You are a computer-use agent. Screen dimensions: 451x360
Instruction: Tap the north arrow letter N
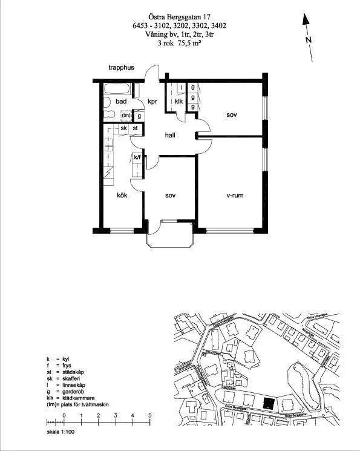(x=309, y=40)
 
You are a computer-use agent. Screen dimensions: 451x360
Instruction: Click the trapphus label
(x=121, y=68)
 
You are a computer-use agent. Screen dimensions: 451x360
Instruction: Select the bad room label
(x=121, y=102)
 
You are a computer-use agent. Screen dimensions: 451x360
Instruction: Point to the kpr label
(x=152, y=102)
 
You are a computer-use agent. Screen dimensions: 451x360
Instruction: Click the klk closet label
(x=179, y=102)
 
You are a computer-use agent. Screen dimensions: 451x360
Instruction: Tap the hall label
(x=170, y=136)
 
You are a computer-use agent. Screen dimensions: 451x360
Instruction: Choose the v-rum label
(x=235, y=196)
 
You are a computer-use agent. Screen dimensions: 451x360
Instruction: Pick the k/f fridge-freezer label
(x=137, y=159)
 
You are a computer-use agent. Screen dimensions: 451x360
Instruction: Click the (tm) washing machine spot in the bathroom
(x=126, y=115)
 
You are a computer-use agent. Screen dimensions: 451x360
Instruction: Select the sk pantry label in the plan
(x=123, y=128)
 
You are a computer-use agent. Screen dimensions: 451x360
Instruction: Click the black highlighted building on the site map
(x=269, y=403)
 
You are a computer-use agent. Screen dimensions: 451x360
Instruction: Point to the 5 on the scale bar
(x=149, y=415)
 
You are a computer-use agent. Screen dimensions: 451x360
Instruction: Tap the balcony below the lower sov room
(x=170, y=237)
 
